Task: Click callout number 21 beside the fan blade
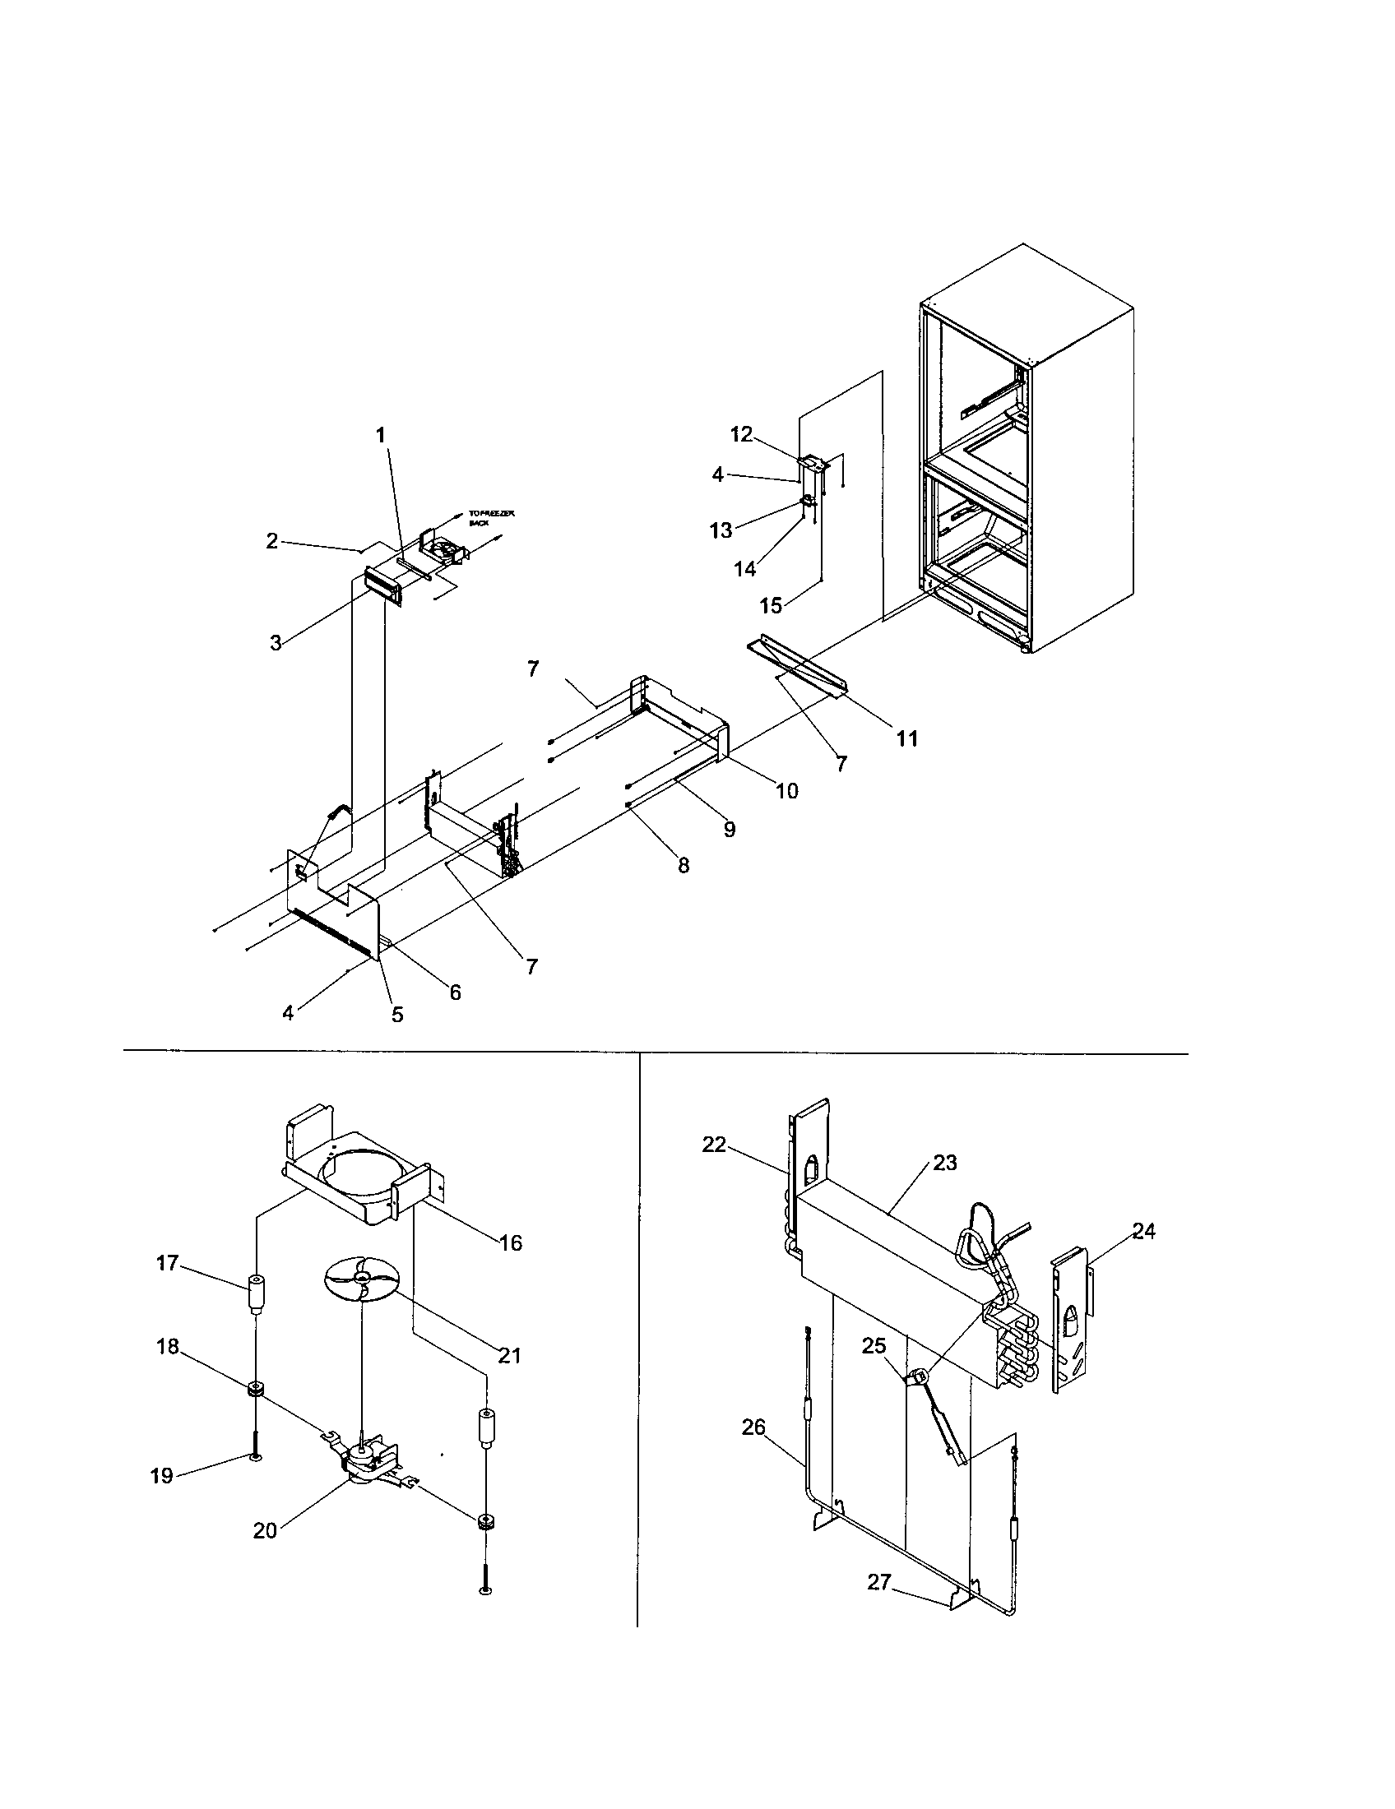(x=509, y=1355)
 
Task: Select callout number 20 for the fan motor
(x=265, y=1531)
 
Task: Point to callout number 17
(x=167, y=1262)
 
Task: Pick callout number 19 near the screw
(x=161, y=1476)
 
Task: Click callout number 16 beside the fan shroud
(x=511, y=1242)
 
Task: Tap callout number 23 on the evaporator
(x=944, y=1163)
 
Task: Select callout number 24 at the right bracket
(x=1143, y=1231)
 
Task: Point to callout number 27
(x=879, y=1582)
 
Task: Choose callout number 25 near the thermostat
(x=874, y=1346)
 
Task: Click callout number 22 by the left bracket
(x=714, y=1145)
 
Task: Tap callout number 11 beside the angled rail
(x=907, y=738)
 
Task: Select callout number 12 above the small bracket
(x=741, y=434)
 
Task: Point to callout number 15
(x=771, y=605)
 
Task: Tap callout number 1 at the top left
(x=381, y=435)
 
